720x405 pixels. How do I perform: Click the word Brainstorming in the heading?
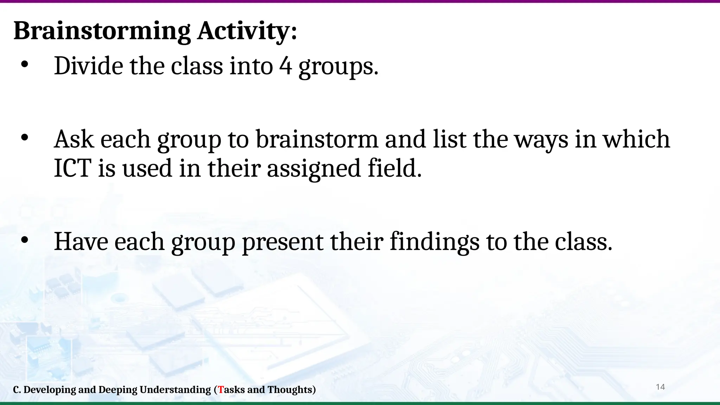(102, 31)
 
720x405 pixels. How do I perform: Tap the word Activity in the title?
(243, 31)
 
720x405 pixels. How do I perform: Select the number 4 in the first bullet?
(285, 66)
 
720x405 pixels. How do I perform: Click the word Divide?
(88, 66)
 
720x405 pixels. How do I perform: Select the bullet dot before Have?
(24, 240)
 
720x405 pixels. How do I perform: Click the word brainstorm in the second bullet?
(316, 139)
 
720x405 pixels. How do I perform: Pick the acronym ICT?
(73, 168)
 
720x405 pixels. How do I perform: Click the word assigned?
(314, 169)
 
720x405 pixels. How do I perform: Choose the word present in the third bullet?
(282, 242)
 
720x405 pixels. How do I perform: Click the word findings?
(435, 242)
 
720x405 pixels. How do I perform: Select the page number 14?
(660, 387)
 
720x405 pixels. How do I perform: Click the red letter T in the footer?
(221, 390)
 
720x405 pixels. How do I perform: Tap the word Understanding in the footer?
(175, 390)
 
